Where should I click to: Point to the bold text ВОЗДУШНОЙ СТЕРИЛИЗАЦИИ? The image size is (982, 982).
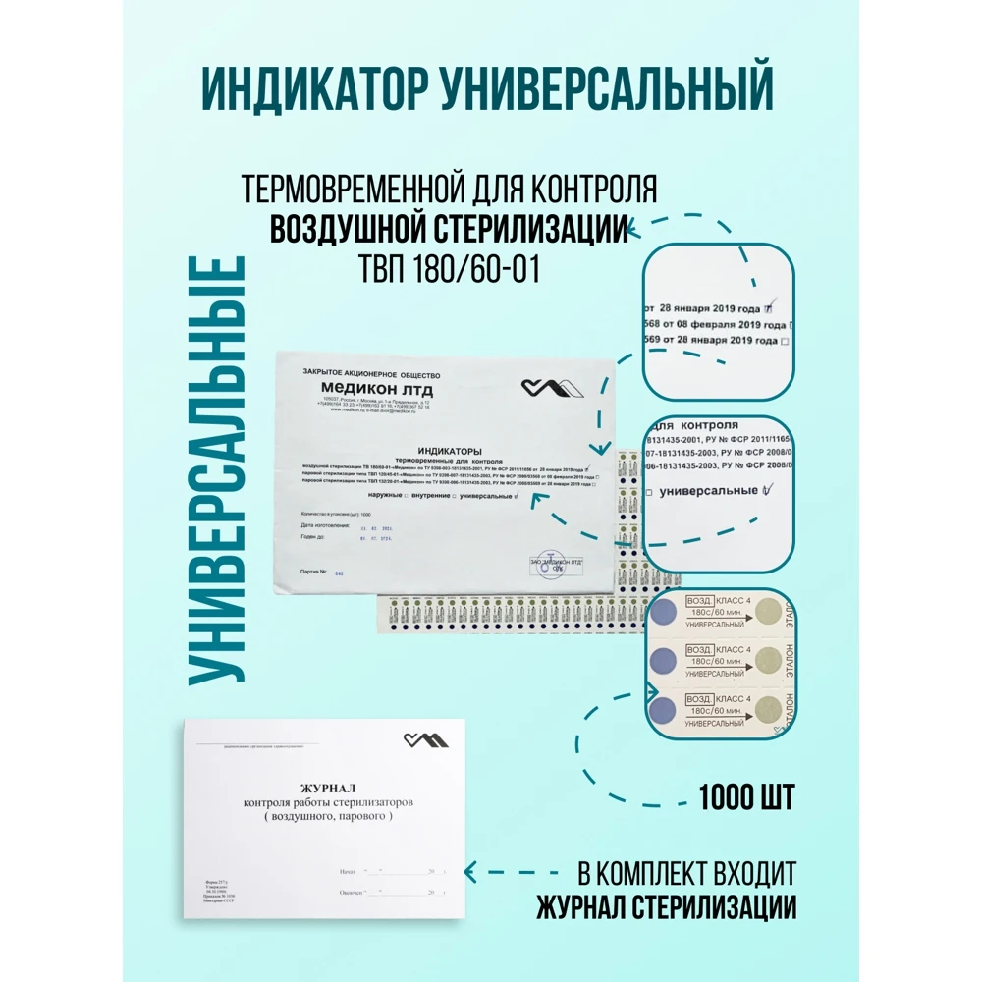pos(449,228)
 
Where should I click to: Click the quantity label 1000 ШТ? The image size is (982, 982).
pos(746,797)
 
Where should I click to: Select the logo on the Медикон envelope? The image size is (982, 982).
pos(552,388)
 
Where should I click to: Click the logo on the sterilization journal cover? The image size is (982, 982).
pos(425,739)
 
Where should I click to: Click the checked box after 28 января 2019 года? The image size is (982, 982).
pos(769,304)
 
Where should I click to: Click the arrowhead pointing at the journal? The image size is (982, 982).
pos(470,870)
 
